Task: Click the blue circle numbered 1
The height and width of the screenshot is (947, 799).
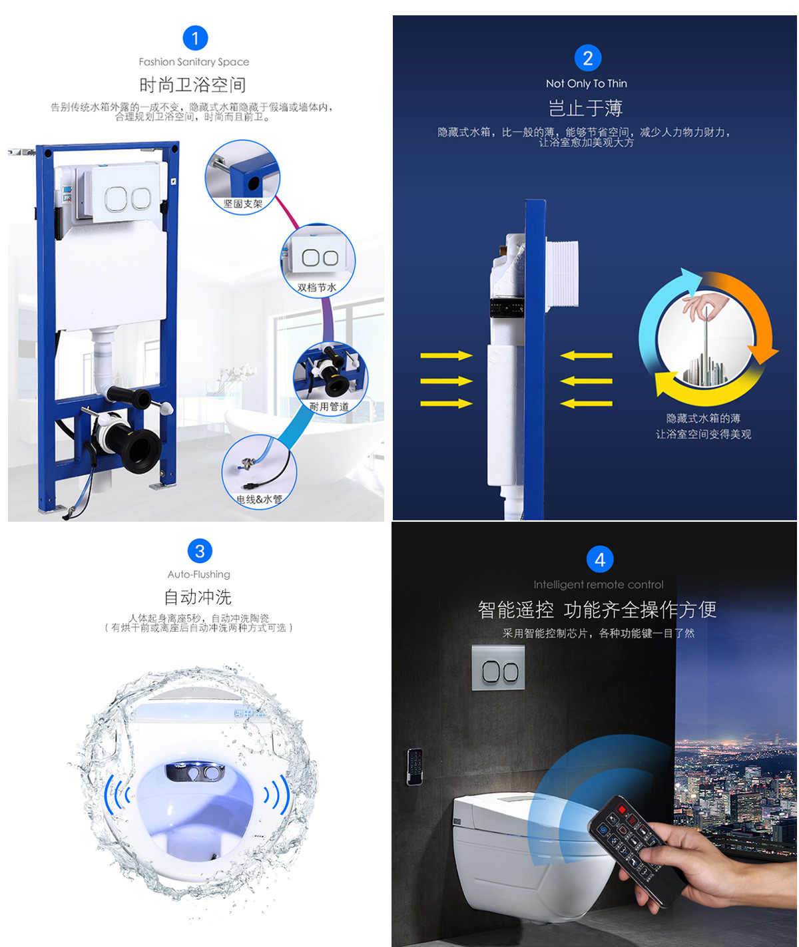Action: click(195, 38)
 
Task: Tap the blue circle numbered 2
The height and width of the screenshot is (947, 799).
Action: click(587, 58)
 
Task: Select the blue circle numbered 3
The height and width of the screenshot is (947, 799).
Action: click(200, 551)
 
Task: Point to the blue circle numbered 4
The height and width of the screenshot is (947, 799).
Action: click(600, 560)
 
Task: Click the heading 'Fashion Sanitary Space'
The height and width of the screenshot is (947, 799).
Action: click(194, 62)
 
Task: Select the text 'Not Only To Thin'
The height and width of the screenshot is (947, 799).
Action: click(586, 83)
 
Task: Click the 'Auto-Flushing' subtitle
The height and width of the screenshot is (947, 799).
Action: click(198, 574)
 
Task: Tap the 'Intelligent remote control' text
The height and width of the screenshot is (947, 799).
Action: click(599, 584)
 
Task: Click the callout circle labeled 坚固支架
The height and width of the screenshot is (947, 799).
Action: click(242, 177)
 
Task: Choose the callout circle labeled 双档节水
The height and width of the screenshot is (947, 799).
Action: click(318, 261)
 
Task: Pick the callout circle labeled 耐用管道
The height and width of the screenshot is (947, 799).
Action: click(330, 379)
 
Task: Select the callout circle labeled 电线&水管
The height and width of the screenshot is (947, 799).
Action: click(259, 472)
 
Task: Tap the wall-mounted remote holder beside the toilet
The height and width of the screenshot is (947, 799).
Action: click(415, 767)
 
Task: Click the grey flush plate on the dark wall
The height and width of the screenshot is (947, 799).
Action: click(498, 667)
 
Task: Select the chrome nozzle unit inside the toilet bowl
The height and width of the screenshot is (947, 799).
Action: click(194, 772)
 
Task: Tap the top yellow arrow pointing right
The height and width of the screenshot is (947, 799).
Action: click(446, 355)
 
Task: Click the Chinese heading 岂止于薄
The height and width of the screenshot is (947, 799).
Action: click(585, 108)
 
